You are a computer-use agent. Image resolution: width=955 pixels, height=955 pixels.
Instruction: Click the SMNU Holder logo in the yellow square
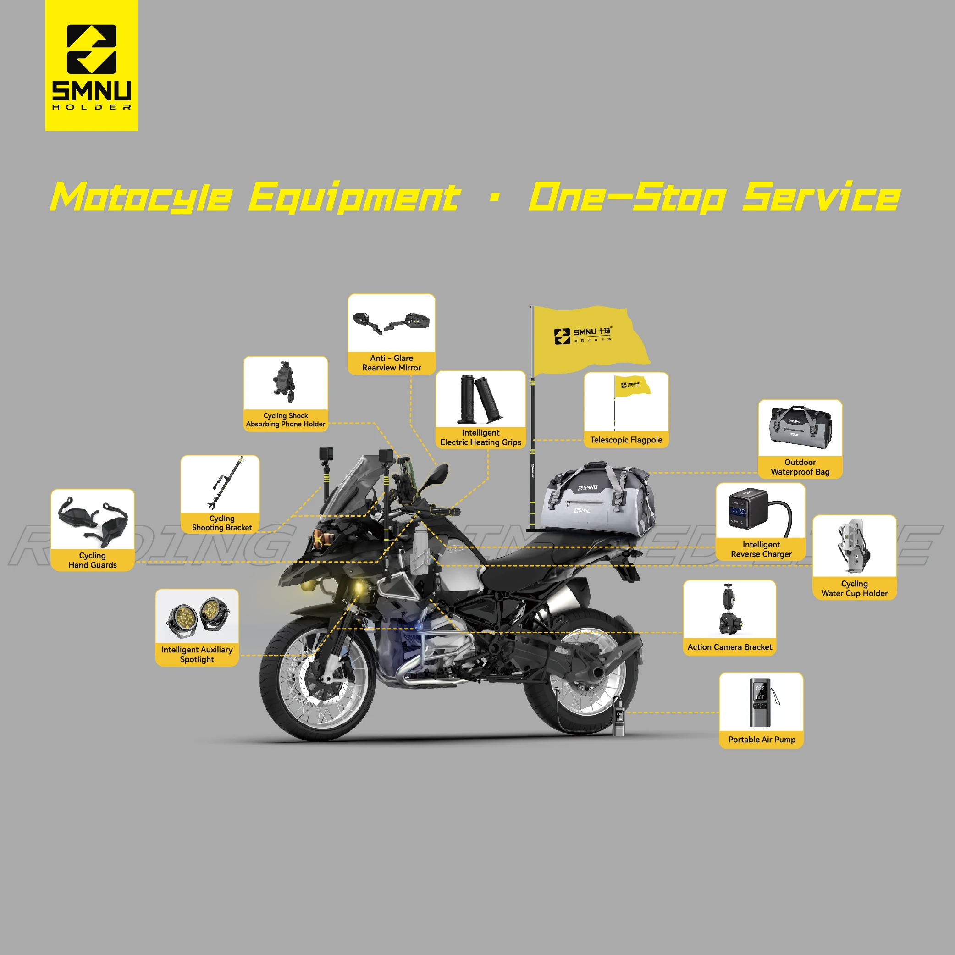coord(91,66)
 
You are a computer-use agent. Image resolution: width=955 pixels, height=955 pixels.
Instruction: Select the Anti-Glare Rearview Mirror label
coord(392,363)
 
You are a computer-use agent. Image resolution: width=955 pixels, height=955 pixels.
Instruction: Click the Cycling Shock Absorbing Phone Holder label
coord(286,420)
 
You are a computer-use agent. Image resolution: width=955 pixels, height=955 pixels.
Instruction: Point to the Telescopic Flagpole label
coord(626,440)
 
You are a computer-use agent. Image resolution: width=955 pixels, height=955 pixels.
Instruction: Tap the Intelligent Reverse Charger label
coord(761,549)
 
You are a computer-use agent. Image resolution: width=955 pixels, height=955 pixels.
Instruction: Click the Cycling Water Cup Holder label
coord(854,588)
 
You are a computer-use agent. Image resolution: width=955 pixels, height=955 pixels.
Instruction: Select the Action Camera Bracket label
coord(729,647)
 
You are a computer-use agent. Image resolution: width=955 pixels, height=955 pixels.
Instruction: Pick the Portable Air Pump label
coord(761,740)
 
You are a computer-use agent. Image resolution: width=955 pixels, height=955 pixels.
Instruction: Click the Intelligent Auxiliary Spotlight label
coord(197,654)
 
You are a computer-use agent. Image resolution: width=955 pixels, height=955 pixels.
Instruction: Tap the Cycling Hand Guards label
coord(93,560)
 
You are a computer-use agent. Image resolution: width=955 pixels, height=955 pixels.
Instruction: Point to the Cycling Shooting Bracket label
coord(221,523)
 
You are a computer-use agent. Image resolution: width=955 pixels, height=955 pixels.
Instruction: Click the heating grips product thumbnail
coord(480,399)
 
